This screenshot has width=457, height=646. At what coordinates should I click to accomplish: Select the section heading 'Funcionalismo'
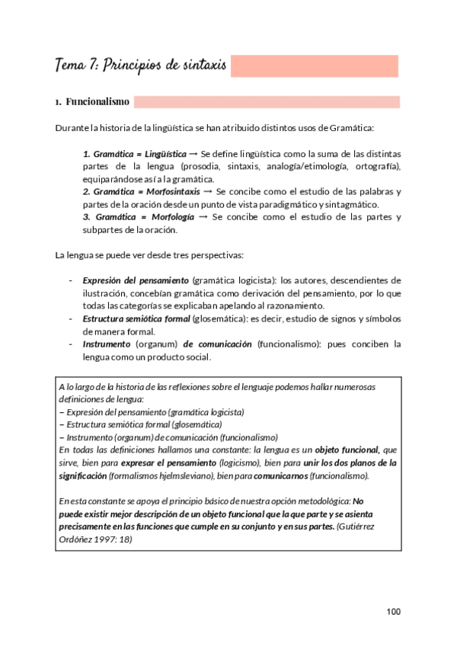pyautogui.click(x=97, y=101)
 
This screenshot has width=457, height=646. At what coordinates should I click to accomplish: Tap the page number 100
pyautogui.click(x=393, y=612)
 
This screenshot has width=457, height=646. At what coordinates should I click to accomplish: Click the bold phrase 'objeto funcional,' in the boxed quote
pyautogui.click(x=349, y=450)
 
